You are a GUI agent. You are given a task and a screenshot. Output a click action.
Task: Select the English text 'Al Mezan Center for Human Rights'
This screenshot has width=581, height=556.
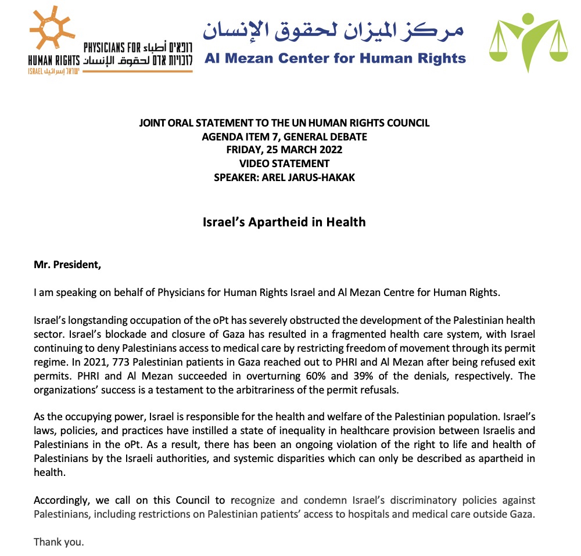pyautogui.click(x=335, y=58)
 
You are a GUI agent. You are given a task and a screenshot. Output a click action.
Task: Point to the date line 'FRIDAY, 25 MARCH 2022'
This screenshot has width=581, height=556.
pyautogui.click(x=284, y=150)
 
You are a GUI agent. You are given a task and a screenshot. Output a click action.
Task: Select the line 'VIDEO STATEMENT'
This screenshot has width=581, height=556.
pyautogui.click(x=284, y=164)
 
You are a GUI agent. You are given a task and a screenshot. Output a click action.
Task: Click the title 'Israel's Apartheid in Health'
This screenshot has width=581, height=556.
pyautogui.click(x=284, y=222)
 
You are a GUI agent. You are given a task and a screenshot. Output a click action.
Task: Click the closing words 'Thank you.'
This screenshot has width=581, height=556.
pyautogui.click(x=59, y=542)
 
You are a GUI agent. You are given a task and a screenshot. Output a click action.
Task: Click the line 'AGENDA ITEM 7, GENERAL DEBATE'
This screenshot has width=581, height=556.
pyautogui.click(x=284, y=136)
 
